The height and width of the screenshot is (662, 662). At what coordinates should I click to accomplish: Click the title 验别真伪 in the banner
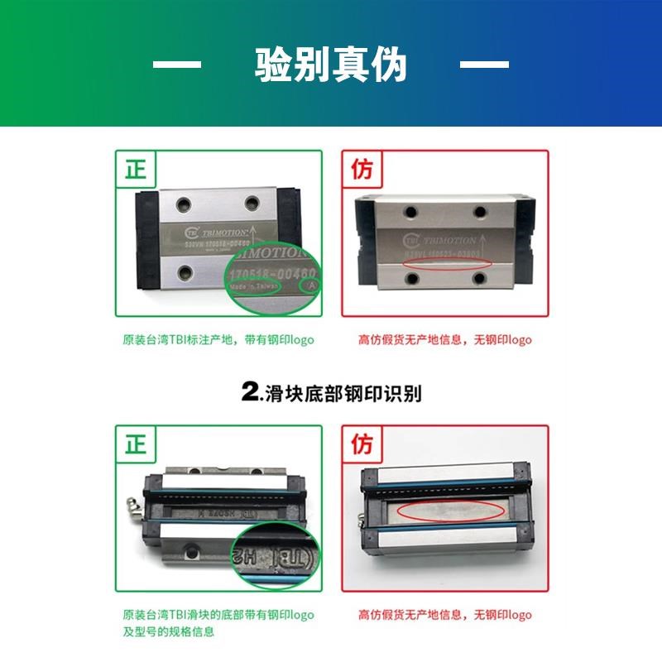tap(331, 65)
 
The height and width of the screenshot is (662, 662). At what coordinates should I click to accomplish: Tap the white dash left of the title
tap(177, 64)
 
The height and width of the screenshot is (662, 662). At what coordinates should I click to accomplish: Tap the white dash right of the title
tap(484, 64)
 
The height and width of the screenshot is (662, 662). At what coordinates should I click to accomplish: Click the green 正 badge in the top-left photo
tap(135, 170)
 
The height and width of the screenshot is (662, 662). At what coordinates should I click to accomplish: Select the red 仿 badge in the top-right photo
tap(362, 170)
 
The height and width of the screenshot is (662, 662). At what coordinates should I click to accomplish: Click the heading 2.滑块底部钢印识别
tap(331, 393)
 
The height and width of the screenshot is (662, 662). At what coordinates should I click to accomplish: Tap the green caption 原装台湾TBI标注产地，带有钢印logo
tap(218, 340)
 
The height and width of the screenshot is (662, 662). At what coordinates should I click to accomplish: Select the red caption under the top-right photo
tap(445, 340)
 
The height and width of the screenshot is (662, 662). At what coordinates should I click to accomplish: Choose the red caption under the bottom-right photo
tap(445, 615)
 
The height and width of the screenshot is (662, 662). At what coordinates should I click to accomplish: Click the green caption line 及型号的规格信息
tap(169, 631)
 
